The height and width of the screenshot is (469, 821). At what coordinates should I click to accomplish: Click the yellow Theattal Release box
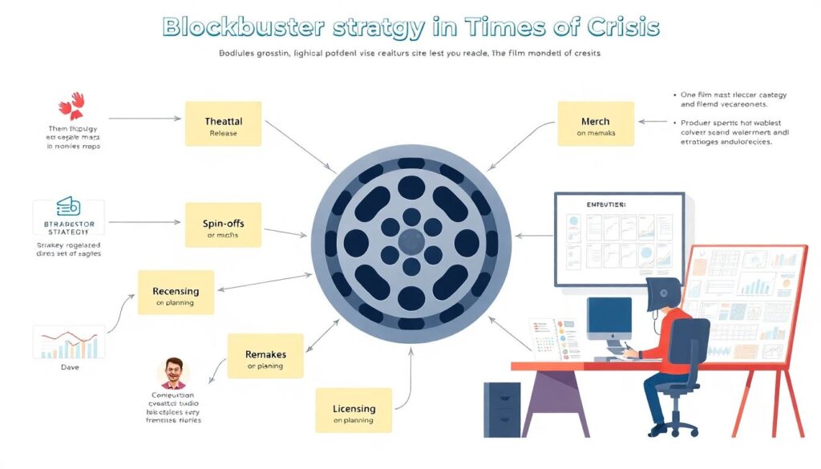pos(223,123)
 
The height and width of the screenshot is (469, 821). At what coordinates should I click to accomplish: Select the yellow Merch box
pos(595,123)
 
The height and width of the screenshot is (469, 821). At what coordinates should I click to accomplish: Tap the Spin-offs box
pos(223,225)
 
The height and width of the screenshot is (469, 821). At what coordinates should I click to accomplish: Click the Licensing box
pos(354,410)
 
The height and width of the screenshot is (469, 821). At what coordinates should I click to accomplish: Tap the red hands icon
pos(71,105)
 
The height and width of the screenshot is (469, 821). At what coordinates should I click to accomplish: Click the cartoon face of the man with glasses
pos(173,371)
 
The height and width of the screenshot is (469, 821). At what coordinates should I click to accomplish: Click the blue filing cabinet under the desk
pos(502,410)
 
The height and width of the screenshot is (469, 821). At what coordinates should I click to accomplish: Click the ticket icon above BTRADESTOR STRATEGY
pos(69,207)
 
